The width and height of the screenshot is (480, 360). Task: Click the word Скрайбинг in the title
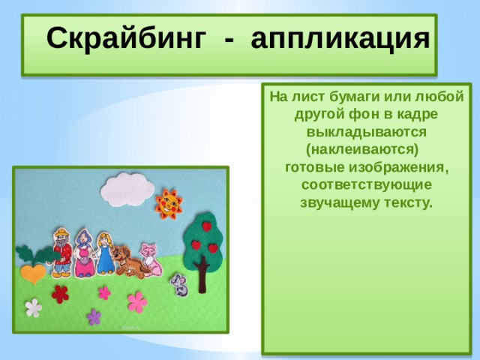pos(126,39)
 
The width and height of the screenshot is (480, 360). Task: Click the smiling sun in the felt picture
pos(169,204)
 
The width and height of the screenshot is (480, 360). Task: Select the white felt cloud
pos(127,189)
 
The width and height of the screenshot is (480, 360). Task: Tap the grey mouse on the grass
pos(180,285)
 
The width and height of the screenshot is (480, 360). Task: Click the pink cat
pos(151,259)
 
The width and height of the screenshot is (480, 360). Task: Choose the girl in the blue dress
pos(105,253)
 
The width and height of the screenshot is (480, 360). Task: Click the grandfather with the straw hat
pos(62,253)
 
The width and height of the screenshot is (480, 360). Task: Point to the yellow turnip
pos(33,272)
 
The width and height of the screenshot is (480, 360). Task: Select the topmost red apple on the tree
pos(207,226)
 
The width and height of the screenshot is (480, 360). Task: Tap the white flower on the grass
pos(33,307)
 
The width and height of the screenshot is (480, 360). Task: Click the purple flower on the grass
pos(94,316)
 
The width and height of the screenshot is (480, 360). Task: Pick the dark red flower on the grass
pos(60,294)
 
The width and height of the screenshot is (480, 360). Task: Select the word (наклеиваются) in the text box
pos(362,150)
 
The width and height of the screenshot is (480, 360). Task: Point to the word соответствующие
pos(367,185)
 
